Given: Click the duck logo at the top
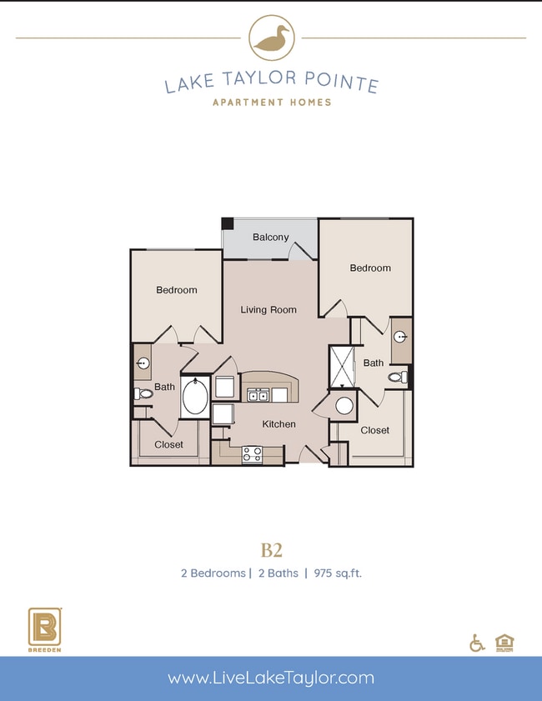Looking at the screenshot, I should click(271, 38).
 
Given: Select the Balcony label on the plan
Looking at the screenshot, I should click(271, 238).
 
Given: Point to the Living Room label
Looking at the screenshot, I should click(268, 310).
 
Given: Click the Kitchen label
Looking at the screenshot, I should click(279, 424).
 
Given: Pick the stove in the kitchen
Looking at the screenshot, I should click(252, 454).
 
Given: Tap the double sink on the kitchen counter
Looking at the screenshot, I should click(257, 395).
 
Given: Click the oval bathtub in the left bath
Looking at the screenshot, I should click(197, 397).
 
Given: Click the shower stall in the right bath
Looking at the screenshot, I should click(342, 367).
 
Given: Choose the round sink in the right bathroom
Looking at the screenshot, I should click(401, 338).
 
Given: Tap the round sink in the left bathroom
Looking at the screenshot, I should click(143, 363).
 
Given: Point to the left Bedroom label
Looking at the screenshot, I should click(177, 290).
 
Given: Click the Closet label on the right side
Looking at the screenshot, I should click(374, 430).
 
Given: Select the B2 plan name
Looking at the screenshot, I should click(271, 549).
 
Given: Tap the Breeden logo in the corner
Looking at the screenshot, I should click(43, 630).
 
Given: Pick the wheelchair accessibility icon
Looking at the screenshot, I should click(478, 643).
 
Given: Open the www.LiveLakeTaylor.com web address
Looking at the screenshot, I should click(271, 678).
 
